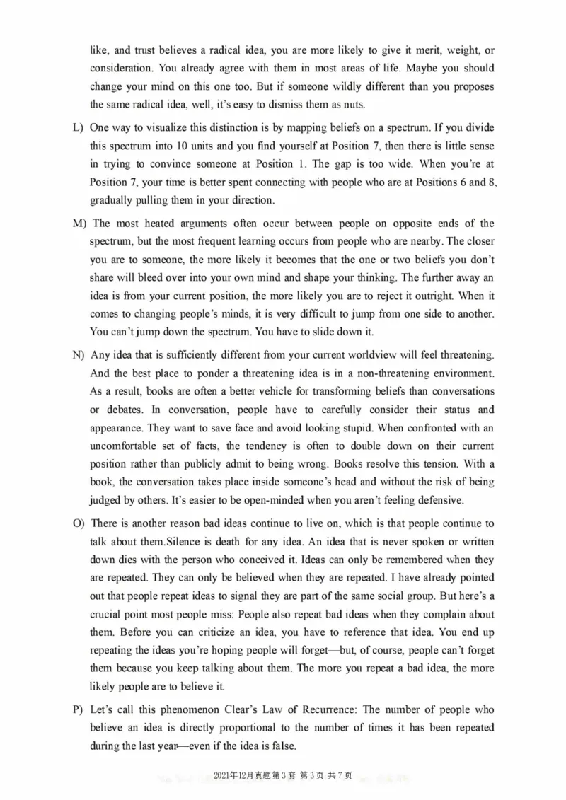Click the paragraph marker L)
click(79, 127)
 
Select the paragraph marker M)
click(79, 224)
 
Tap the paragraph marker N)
click(79, 354)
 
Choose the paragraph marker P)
click(79, 709)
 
